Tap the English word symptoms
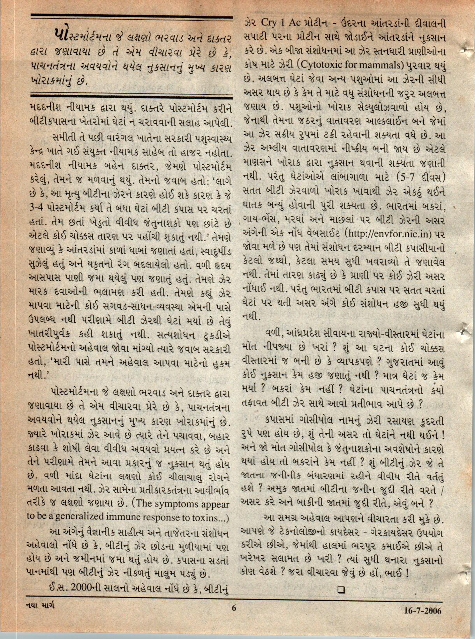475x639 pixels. tap(178, 504)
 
